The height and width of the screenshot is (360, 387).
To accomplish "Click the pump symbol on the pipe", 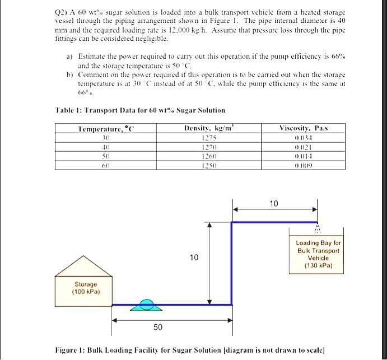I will coord(146,305).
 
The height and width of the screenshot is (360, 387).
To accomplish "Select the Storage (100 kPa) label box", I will coord(85,288).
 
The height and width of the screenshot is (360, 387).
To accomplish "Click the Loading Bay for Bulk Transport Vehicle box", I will coord(318,254).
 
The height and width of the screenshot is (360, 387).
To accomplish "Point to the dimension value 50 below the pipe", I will coord(158,326).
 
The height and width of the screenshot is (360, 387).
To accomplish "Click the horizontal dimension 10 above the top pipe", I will coord(274,204).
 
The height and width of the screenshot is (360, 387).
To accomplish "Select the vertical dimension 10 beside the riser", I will coord(194,258).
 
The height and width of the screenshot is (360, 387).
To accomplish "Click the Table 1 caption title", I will coord(141,110).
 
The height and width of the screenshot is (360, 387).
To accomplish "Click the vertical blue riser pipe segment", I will coord(231,263).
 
